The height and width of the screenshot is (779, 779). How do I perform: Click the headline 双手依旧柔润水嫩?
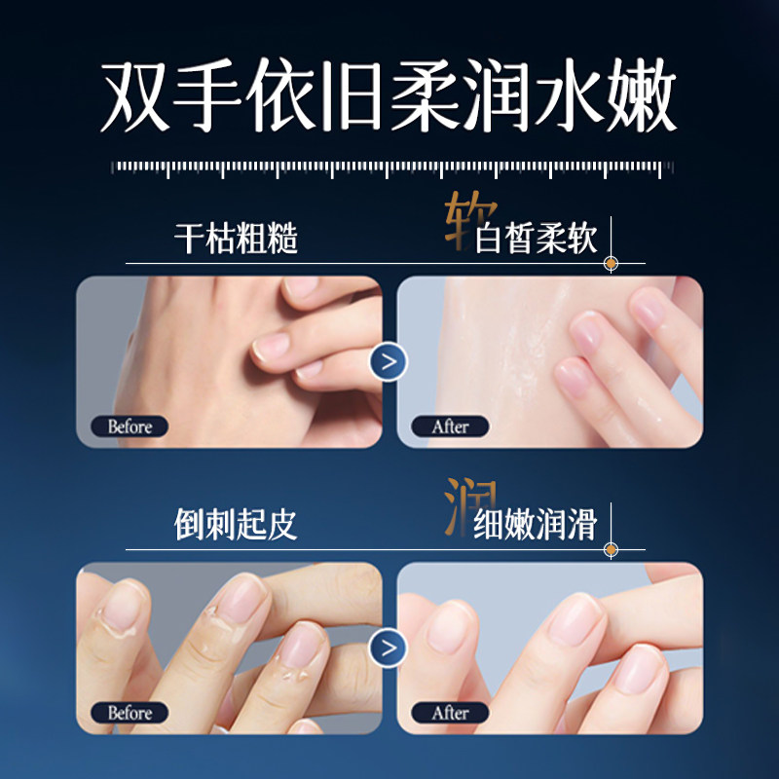pyautogui.click(x=389, y=98)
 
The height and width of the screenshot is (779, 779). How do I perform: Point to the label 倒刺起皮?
pyautogui.click(x=236, y=524)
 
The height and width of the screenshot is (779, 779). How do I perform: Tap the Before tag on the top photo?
pyautogui.click(x=130, y=427)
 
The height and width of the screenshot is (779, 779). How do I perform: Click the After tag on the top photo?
pyautogui.click(x=451, y=427)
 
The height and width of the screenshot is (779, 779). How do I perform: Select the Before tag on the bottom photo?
pyautogui.click(x=130, y=713)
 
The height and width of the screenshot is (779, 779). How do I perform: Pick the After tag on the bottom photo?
pyautogui.click(x=451, y=713)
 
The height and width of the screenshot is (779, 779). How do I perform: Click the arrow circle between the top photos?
pyautogui.click(x=389, y=362)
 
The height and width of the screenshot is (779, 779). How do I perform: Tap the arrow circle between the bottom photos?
pyautogui.click(x=389, y=647)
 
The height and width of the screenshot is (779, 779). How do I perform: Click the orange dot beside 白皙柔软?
pyautogui.click(x=611, y=263)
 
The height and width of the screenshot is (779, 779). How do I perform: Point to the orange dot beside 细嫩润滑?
pyautogui.click(x=611, y=549)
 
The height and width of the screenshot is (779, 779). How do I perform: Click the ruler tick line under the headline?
pyautogui.click(x=389, y=168)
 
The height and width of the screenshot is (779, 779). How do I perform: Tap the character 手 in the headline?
pyautogui.click(x=204, y=98)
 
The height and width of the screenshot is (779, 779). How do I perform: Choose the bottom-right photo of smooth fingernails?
pyautogui.click(x=550, y=648)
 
